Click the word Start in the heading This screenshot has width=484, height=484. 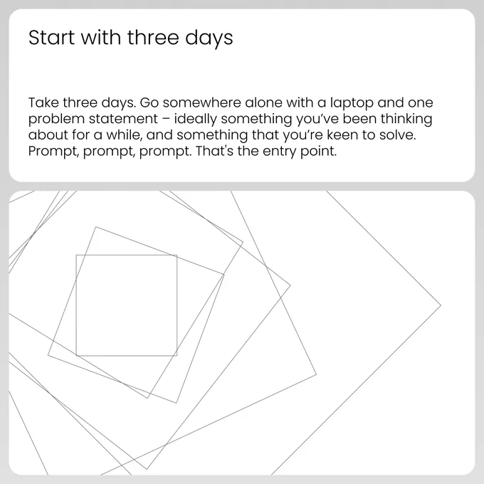(x=51, y=38)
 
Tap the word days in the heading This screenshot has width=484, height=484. (x=209, y=39)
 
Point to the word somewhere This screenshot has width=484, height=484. (x=202, y=102)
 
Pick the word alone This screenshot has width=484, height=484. (x=263, y=102)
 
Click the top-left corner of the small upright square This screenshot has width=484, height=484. (x=76, y=255)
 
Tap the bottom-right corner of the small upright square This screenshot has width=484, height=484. (x=177, y=356)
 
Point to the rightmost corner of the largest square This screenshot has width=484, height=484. (x=441, y=305)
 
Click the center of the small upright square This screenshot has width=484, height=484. (x=127, y=305)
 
